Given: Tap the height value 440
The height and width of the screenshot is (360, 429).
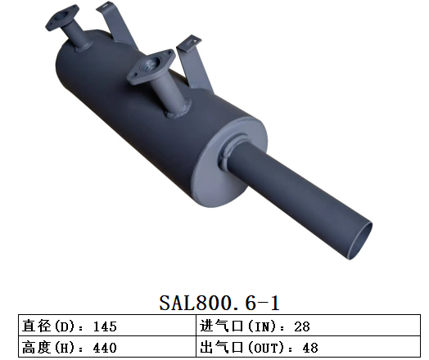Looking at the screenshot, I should pos(106,348).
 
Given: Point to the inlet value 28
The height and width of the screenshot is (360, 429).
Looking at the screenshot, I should pos(301,326).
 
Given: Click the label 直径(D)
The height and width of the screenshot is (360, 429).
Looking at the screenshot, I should pos(51,326).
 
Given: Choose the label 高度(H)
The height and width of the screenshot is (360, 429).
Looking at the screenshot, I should pos(51,348).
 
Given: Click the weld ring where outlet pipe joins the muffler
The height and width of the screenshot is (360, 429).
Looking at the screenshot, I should pos(234,155).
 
